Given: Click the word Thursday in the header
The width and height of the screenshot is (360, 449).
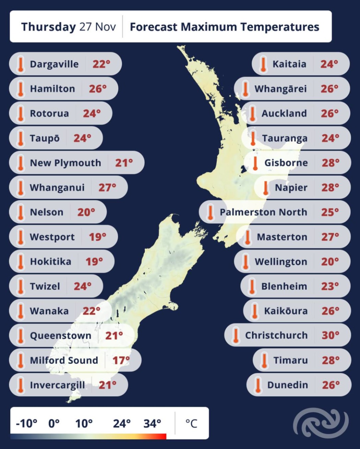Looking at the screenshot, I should pos(48,27).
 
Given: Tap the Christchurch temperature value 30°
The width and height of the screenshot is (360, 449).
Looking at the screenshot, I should pos(330,335).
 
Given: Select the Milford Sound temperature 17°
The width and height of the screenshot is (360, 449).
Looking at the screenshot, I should pos(121,360).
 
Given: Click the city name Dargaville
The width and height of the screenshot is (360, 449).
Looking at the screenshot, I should pos(54,64).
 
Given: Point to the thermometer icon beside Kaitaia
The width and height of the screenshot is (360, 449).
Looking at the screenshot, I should pos(263,64).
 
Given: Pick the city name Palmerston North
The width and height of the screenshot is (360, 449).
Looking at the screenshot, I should pos(263,212).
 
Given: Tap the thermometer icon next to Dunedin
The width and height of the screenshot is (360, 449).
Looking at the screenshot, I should pos(258,385).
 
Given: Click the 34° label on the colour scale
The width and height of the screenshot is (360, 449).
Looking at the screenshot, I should pos(152,424).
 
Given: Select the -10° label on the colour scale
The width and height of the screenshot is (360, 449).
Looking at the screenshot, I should pos(26,424).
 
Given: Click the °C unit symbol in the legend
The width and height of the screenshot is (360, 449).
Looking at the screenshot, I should pos(191,424).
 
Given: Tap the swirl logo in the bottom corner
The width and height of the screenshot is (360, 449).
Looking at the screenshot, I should pos(321,423).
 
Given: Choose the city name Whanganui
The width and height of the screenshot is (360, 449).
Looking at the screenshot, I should pos(57,187).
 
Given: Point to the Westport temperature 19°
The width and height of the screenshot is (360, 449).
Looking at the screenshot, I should pos(97,237).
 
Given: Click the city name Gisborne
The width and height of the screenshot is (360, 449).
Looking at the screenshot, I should pos(286,163).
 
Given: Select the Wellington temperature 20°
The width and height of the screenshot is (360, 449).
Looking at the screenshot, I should pos(330,261).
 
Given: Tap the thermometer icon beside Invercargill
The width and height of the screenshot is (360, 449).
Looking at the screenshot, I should pos(21,385).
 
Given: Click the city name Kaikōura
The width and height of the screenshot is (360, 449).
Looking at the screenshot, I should pos(286,311).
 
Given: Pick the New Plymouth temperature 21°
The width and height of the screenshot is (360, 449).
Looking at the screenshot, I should pos(124,163).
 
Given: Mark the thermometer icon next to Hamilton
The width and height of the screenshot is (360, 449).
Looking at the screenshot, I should pos(21,89).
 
